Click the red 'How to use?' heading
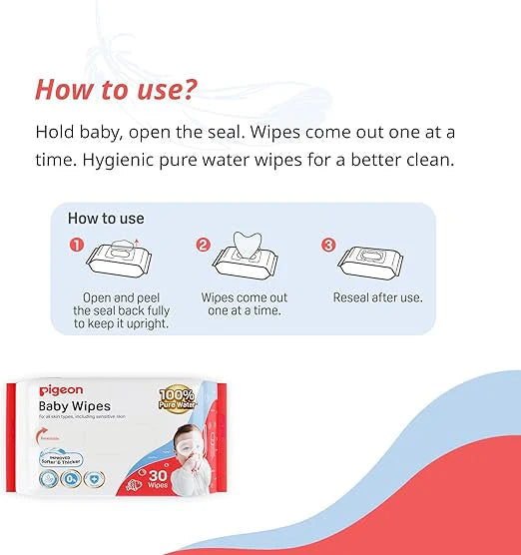click(x=116, y=89)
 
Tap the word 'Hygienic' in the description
click(x=77, y=160)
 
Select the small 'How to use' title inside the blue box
click(x=106, y=218)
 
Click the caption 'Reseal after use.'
click(x=377, y=297)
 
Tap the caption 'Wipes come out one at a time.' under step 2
click(x=245, y=304)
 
